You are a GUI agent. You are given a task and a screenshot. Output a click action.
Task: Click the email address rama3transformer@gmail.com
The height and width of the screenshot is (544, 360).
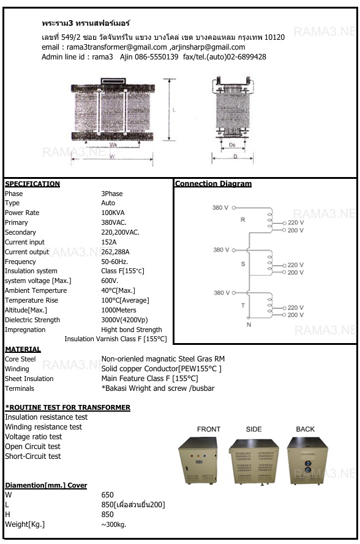(117, 47)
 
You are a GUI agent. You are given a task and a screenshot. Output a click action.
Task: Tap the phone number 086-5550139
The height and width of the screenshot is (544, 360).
(157, 57)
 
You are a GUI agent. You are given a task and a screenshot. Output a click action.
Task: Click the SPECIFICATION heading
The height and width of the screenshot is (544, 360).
(32, 184)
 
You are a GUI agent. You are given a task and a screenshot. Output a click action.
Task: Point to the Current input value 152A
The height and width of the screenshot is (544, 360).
(108, 242)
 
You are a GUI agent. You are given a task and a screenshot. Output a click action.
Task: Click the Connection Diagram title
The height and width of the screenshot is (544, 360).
(213, 184)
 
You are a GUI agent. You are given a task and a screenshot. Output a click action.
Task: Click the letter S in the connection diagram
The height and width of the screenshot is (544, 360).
(242, 263)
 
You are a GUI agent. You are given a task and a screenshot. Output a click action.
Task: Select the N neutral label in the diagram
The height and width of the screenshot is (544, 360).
(249, 325)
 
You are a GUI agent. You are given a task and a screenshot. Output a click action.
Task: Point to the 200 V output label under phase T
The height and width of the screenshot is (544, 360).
(295, 315)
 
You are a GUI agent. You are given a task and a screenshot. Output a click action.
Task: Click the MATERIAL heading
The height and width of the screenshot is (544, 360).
(23, 349)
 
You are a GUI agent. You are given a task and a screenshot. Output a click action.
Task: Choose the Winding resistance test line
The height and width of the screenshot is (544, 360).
(43, 427)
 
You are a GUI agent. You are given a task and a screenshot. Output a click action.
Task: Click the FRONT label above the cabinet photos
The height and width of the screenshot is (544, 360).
(209, 429)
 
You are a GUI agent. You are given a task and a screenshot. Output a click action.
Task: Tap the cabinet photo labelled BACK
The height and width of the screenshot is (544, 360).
(305, 461)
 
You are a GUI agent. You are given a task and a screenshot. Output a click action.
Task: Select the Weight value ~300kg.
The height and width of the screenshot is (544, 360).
(114, 524)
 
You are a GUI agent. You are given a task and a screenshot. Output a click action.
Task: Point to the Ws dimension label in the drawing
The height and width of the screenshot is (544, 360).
(113, 145)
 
